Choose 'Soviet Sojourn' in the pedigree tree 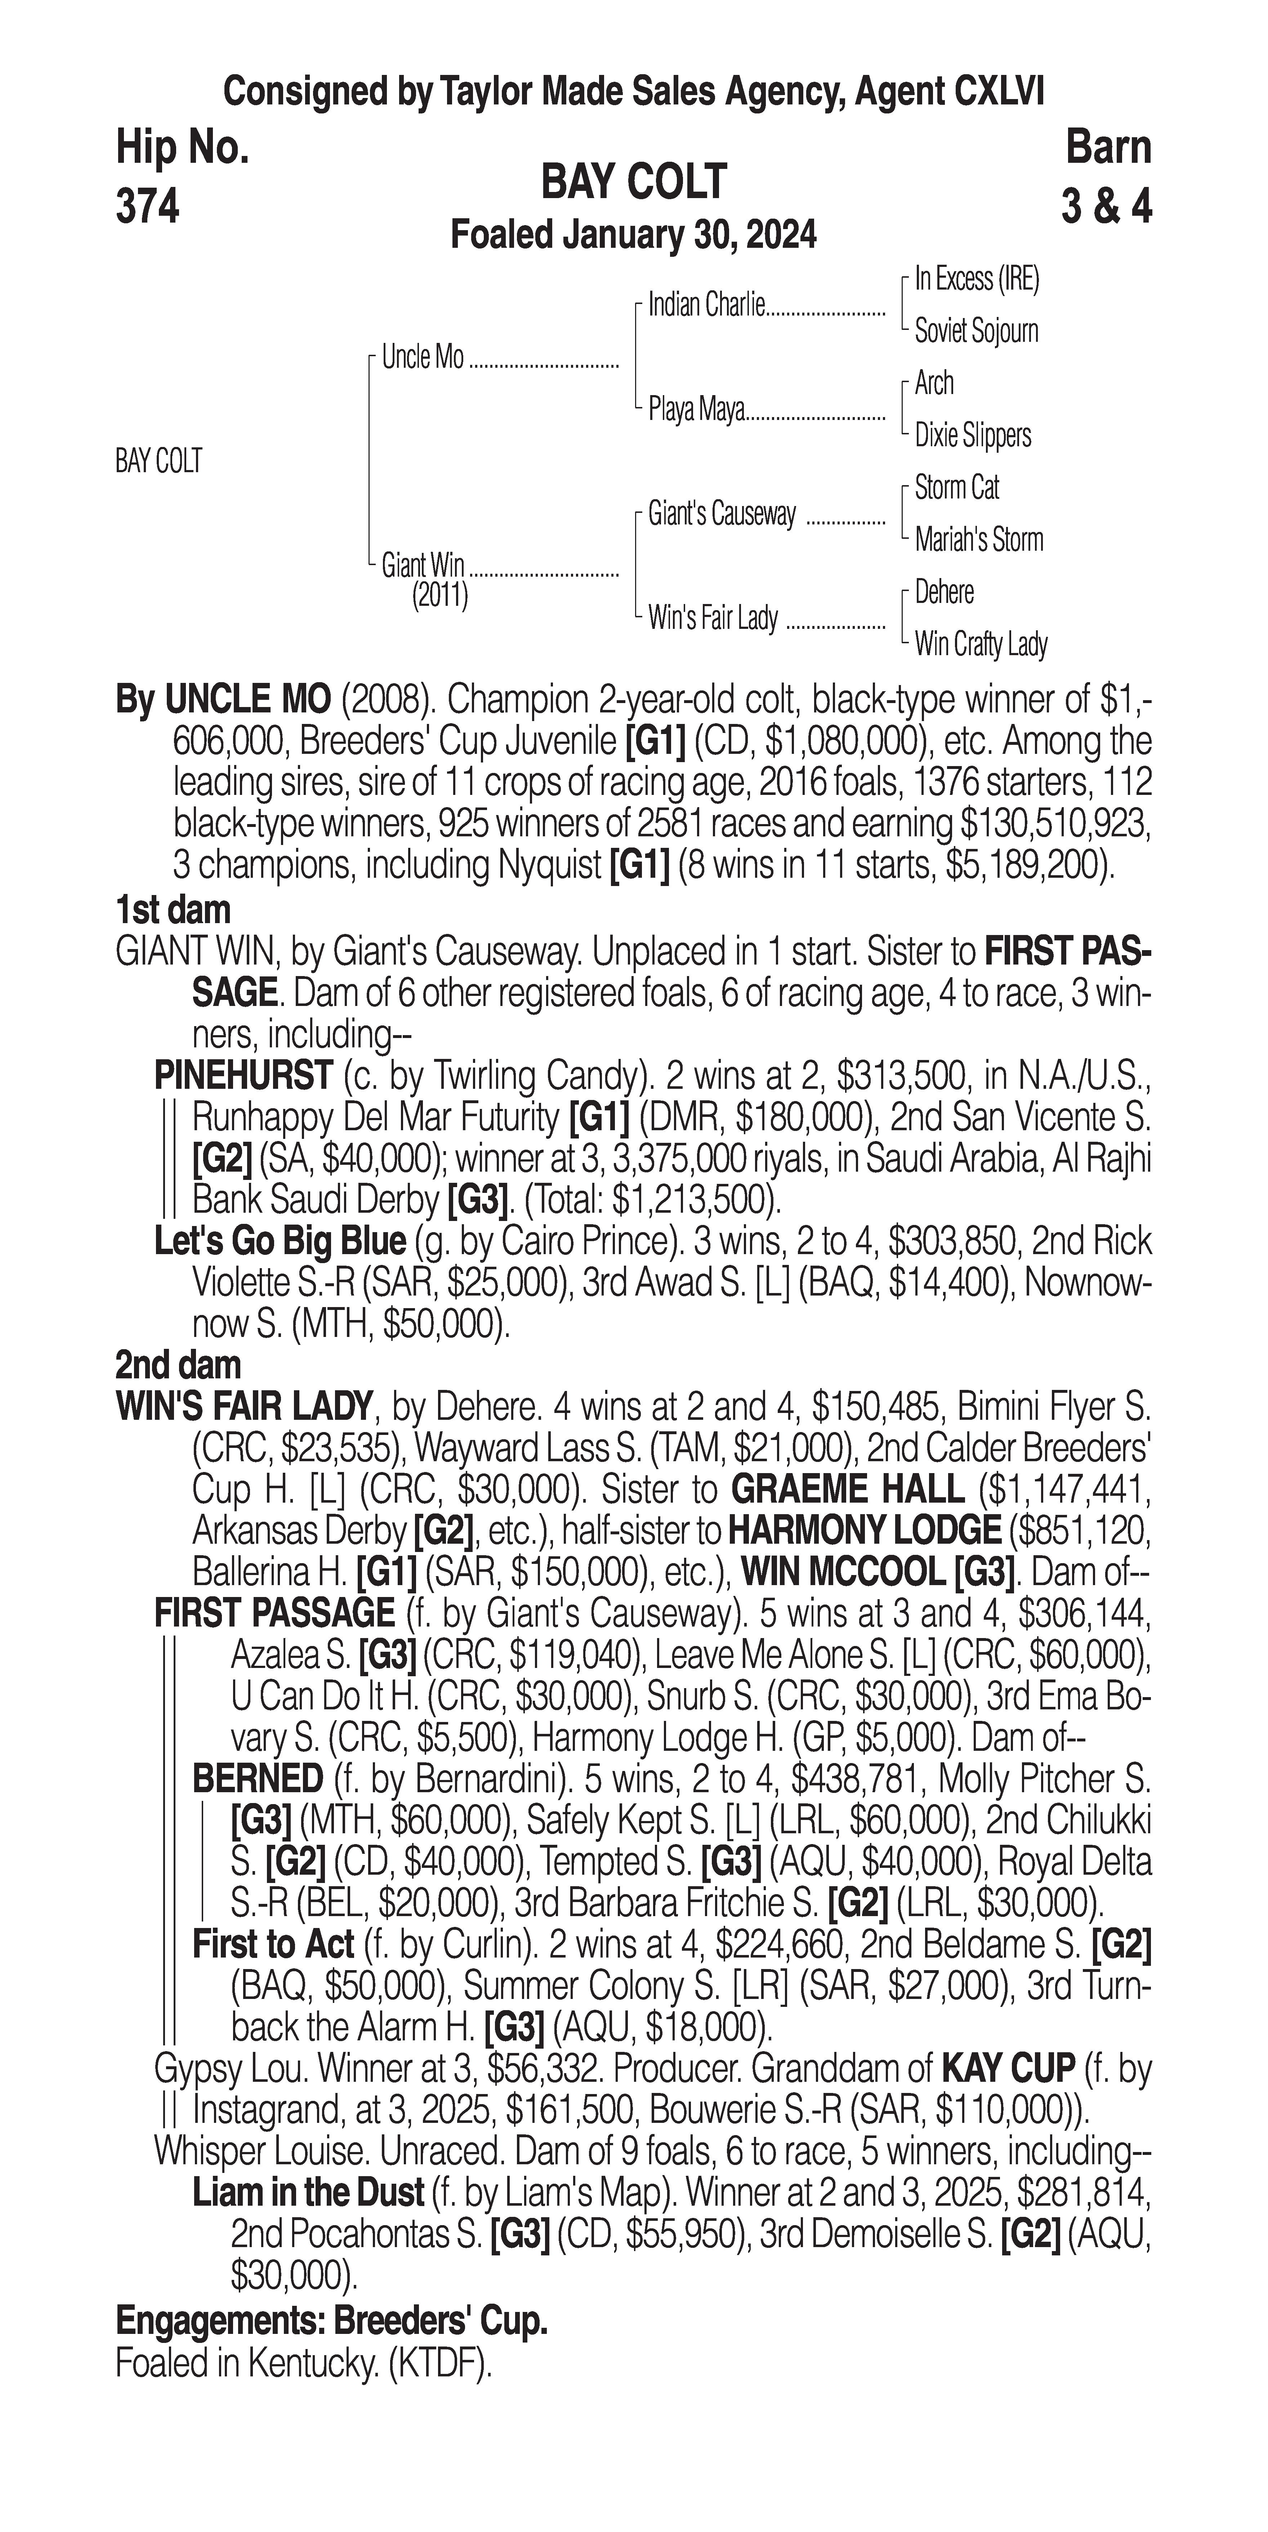click(x=976, y=331)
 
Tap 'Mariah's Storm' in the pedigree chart click(x=978, y=540)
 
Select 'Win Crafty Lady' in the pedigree click(x=980, y=645)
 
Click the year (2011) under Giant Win click(x=439, y=596)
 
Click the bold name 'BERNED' click(x=258, y=1778)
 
